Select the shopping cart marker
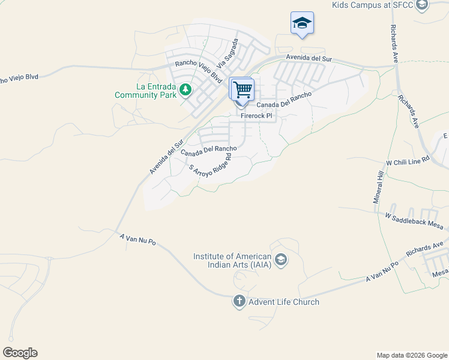pos(243,90)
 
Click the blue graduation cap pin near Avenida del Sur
pos(302,24)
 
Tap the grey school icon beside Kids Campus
pos(422,5)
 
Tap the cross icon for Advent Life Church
pos(240,301)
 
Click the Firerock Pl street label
pos(256,115)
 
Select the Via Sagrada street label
pos(228,53)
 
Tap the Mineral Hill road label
pos(379,187)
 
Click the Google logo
pos(20,353)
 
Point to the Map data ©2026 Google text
pos(411,355)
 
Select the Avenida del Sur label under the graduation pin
pos(309,58)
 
